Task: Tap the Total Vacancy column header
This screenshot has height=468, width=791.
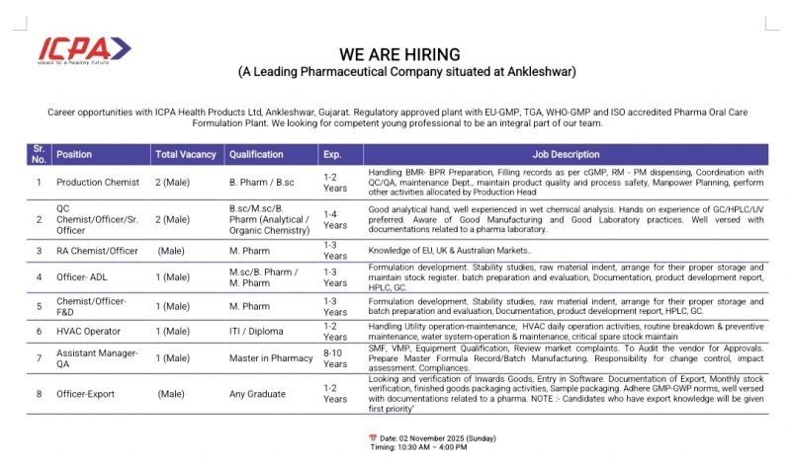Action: point(185,155)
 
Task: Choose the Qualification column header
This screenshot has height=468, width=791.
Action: point(256,155)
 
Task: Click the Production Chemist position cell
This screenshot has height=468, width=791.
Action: point(98,183)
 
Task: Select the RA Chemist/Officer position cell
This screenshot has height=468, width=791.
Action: point(98,251)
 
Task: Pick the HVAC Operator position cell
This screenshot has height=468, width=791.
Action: point(89,332)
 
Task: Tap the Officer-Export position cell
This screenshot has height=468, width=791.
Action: point(86,394)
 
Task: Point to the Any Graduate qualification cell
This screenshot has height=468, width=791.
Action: point(257,394)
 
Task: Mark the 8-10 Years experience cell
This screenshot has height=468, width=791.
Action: point(336,357)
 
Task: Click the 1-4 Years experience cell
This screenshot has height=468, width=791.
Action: point(336,219)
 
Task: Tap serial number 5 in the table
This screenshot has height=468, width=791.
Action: point(39,306)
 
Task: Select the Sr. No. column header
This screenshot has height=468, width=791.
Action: point(39,155)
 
